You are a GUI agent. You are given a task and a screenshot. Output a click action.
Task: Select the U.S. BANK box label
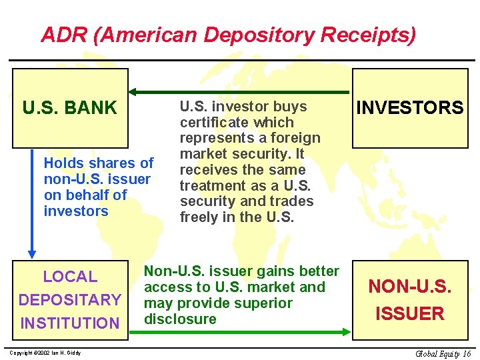69,107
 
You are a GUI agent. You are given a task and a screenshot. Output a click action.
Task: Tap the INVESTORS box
409,107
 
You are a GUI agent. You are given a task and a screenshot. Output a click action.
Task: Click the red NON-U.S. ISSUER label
409,300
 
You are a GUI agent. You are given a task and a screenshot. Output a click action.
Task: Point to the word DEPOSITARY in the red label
70,300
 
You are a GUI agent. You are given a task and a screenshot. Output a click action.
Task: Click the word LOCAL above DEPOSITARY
70,277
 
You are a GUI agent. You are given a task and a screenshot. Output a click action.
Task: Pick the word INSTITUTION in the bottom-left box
70,323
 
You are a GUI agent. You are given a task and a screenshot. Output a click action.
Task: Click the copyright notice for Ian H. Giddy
45,352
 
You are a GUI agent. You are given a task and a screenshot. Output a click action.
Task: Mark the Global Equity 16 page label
443,353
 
